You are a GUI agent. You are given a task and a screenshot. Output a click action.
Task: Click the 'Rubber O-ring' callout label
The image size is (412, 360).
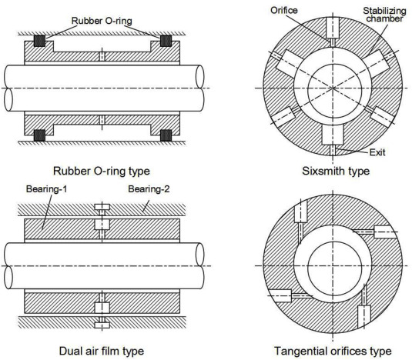(102, 21)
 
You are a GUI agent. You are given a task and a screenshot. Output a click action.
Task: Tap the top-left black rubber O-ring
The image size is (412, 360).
(39, 41)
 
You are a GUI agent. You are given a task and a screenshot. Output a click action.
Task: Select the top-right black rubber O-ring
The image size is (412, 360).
(166, 41)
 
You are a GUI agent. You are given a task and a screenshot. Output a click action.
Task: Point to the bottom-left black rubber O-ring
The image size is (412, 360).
(39, 135)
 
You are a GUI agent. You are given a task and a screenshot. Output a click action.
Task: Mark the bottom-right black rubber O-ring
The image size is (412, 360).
(166, 135)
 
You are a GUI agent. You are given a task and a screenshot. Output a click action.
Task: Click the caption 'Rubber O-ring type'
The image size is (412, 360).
(102, 171)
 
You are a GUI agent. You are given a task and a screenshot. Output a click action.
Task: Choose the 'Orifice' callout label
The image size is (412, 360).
(284, 11)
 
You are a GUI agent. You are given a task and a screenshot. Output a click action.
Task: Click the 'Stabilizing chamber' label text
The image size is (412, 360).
(385, 15)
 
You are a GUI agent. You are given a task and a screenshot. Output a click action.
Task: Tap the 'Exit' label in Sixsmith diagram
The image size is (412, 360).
(377, 152)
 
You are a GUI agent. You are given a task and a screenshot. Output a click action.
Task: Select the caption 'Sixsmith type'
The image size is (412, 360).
(336, 171)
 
